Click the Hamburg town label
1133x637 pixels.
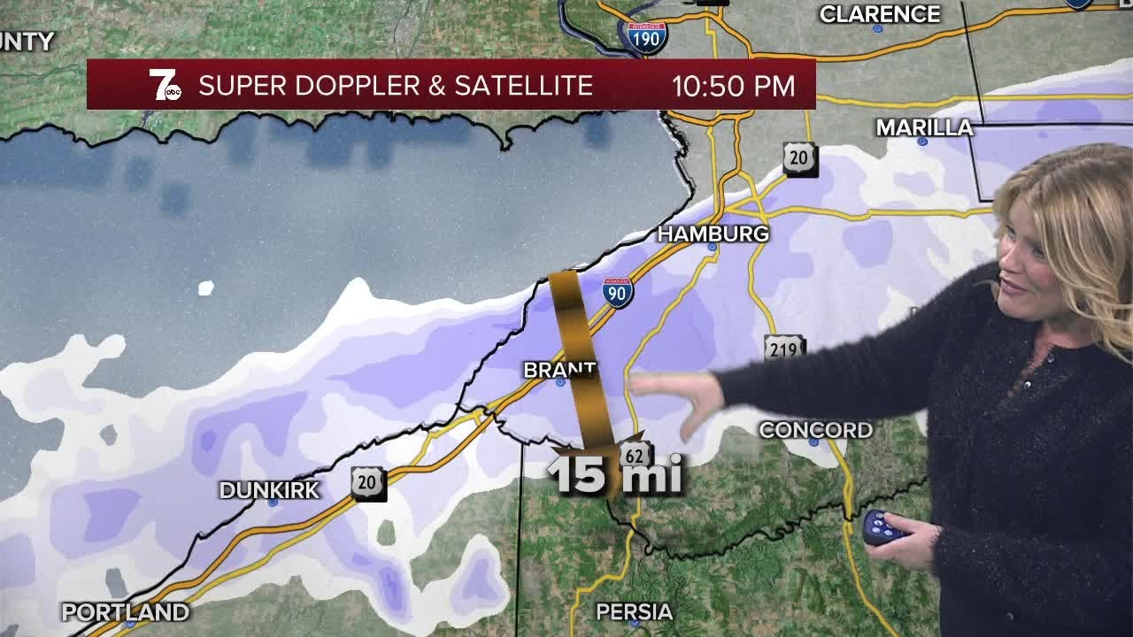[x=713, y=234]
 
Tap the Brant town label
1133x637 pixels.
[x=559, y=370]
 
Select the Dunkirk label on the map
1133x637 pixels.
[x=269, y=490]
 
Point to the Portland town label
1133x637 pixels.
[x=125, y=612]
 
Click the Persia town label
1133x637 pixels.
[x=634, y=612]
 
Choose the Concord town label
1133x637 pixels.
[x=815, y=430]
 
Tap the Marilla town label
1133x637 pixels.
[x=924, y=127]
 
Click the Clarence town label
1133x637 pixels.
[x=879, y=14]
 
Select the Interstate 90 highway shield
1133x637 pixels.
[x=618, y=292]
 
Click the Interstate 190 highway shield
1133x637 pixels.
[x=645, y=37]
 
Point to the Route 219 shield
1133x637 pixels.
[x=783, y=349]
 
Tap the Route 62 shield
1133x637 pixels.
[x=634, y=455]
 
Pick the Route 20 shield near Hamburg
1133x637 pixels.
[x=799, y=159]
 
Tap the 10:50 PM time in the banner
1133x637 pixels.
[x=733, y=86]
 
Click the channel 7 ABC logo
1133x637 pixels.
[x=165, y=85]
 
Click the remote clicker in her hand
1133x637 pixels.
[x=883, y=527]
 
